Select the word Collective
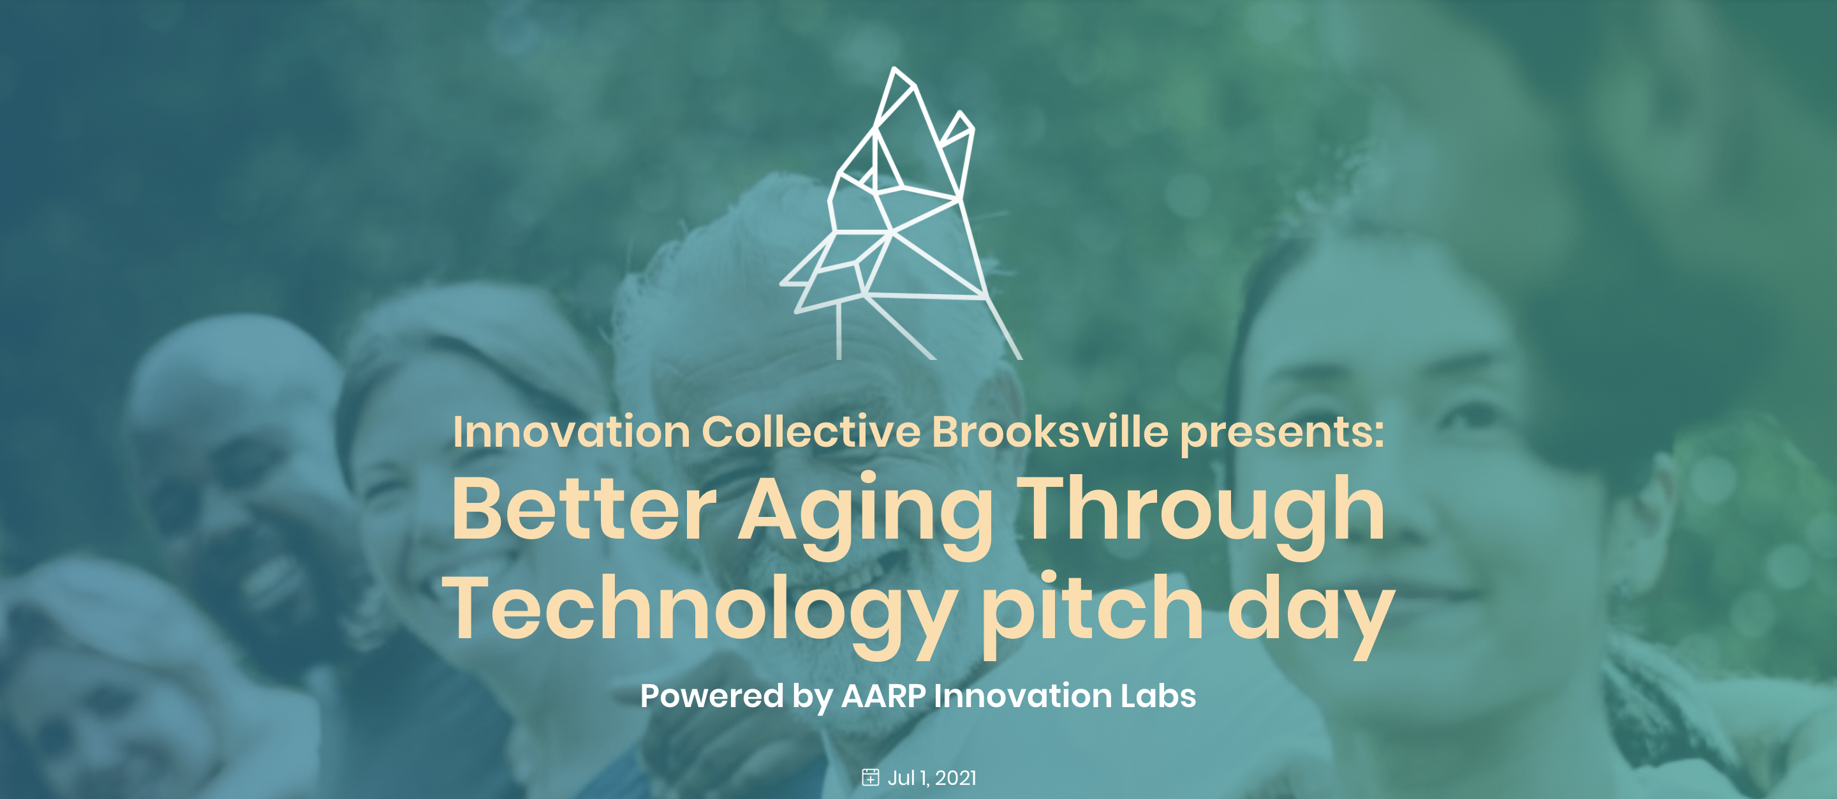811,431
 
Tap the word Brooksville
1050,431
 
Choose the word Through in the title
1200,515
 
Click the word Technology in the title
700,615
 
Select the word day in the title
1311,615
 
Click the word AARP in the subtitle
883,696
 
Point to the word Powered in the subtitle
712,696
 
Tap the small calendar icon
870,777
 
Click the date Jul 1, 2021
931,777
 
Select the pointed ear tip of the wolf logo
894,68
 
